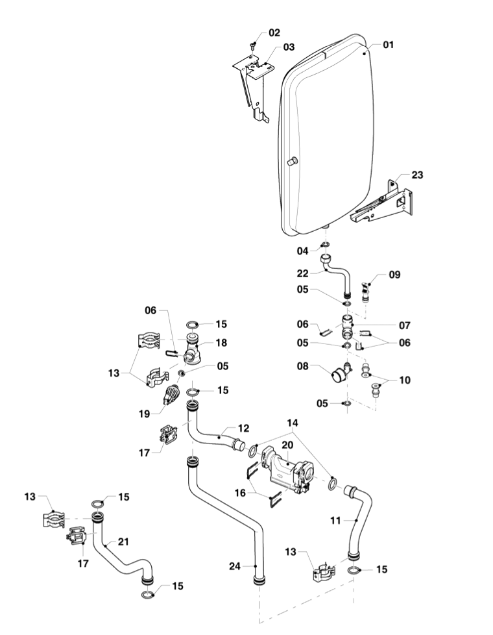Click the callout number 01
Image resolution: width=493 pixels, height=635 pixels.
pyautogui.click(x=388, y=45)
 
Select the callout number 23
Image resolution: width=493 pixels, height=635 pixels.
pyautogui.click(x=417, y=175)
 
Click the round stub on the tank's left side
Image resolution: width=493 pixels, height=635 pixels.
pyautogui.click(x=292, y=162)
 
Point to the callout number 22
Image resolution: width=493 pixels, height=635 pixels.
pyautogui.click(x=303, y=274)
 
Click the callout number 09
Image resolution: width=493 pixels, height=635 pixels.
pyautogui.click(x=394, y=275)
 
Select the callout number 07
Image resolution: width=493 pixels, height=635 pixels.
pyautogui.click(x=405, y=325)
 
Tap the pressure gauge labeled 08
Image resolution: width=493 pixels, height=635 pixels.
pyautogui.click(x=339, y=373)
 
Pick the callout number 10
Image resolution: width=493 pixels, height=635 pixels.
pyautogui.click(x=405, y=380)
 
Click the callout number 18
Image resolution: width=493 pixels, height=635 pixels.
pyautogui.click(x=221, y=343)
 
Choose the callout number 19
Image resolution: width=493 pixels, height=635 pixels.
pyautogui.click(x=144, y=414)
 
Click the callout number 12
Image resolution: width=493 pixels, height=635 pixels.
pyautogui.click(x=244, y=428)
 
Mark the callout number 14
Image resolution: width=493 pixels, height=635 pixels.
pyautogui.click(x=293, y=423)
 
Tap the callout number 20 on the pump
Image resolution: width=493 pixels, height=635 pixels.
pyautogui.click(x=287, y=445)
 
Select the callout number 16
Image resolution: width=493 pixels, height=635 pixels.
pyautogui.click(x=240, y=492)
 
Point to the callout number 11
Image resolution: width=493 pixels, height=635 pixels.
pyautogui.click(x=335, y=520)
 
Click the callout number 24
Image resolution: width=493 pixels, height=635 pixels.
pyautogui.click(x=235, y=566)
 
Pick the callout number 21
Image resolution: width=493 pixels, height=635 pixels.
pyautogui.click(x=123, y=542)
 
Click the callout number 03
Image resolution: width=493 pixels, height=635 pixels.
pyautogui.click(x=289, y=47)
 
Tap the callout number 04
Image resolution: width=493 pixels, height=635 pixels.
pyautogui.click(x=303, y=251)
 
